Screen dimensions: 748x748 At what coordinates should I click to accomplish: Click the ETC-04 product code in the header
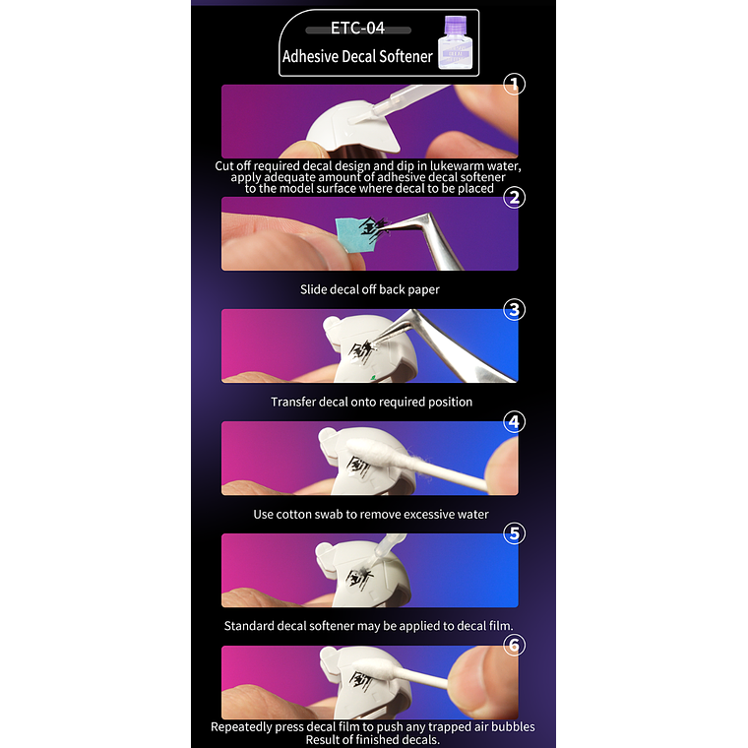point(358,29)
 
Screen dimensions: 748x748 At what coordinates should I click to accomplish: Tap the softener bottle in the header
point(455,42)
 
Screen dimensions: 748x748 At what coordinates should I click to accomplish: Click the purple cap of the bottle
point(455,25)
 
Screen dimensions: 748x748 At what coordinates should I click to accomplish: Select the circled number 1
point(514,85)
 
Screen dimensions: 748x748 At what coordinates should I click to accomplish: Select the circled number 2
point(514,197)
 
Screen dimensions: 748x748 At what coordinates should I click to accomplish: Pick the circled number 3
point(514,310)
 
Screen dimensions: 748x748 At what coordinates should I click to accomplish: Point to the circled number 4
point(514,421)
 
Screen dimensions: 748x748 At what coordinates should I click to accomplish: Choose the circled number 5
point(514,533)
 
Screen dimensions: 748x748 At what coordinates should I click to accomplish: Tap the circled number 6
point(514,645)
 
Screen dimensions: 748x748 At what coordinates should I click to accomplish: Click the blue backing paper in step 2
point(353,234)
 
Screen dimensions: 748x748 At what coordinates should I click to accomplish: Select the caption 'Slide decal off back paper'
point(370,289)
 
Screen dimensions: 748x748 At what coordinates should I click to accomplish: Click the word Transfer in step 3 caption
point(293,402)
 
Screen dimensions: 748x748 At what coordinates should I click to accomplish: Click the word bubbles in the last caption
point(512,726)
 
